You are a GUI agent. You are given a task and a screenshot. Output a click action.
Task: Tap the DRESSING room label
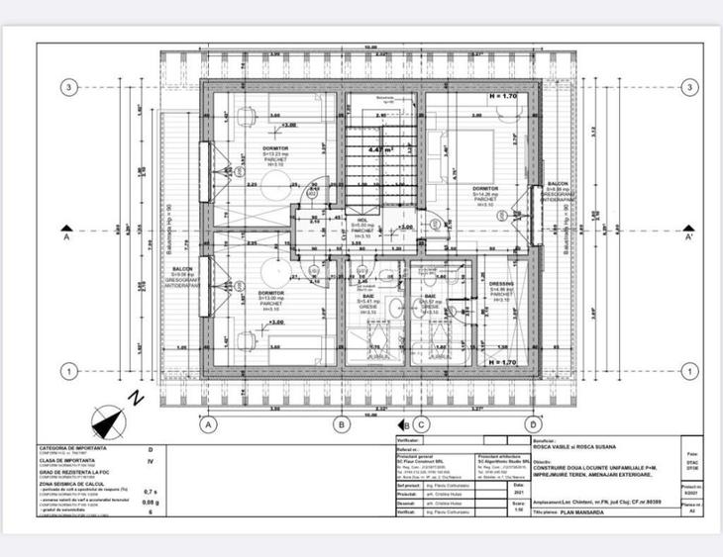[501, 285]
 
